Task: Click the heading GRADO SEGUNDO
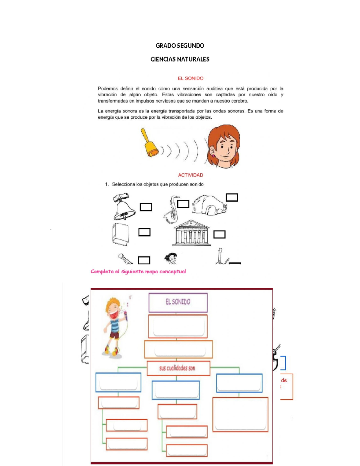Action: pos(180,46)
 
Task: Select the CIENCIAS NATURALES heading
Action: pos(180,59)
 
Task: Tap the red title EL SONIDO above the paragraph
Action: pos(190,78)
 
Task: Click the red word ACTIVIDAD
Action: pos(190,175)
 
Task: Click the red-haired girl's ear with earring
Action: pos(212,152)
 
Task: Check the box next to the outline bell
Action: pos(146,207)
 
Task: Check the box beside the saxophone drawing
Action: pos(183,204)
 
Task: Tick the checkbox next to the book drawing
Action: pos(144,232)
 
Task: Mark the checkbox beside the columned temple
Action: pos(219,234)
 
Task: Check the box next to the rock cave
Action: pos(232,197)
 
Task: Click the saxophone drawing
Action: pos(171,210)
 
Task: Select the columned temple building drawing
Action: pos(191,233)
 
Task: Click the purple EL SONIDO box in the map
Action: pos(178,302)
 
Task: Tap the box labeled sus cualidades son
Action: pos(178,368)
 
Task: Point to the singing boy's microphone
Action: pos(126,316)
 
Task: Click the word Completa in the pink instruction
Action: pos(102,272)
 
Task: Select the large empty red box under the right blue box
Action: pos(240,414)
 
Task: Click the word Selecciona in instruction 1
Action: pos(124,184)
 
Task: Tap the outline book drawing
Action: pos(121,234)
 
